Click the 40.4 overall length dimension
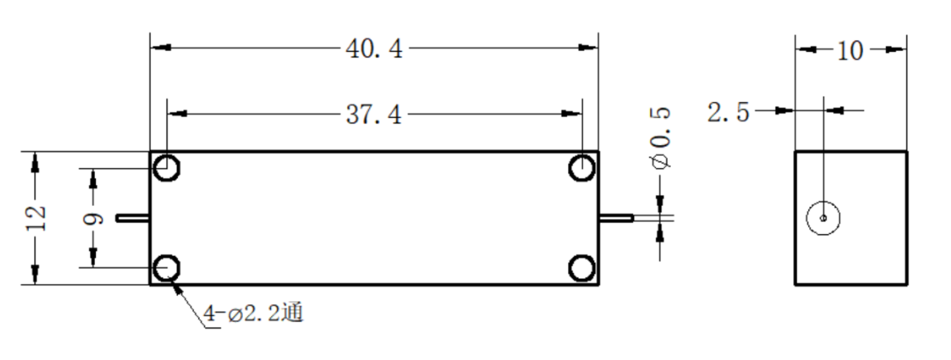tap(373, 48)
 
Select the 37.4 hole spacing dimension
tap(373, 114)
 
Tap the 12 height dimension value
tap(36, 217)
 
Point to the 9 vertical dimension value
tap(92, 218)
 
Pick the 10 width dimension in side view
tap(850, 51)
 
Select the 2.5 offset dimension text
tap(728, 112)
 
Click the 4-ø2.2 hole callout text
tap(253, 313)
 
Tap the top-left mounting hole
tap(166, 167)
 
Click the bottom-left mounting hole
tap(166, 268)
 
